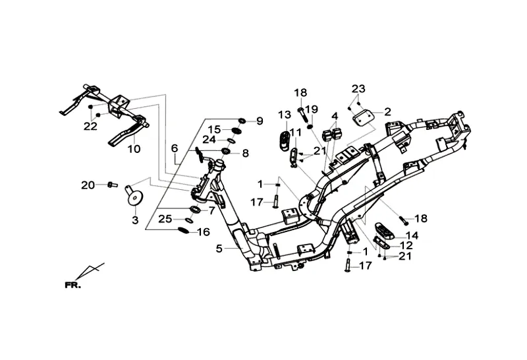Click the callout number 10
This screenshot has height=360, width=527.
pyautogui.click(x=134, y=150)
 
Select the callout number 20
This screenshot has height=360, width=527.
pyautogui.click(x=88, y=185)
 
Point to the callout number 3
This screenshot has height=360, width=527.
pyautogui.click(x=135, y=220)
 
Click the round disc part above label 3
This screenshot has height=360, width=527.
pyautogui.click(x=136, y=196)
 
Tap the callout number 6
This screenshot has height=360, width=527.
pyautogui.click(x=175, y=148)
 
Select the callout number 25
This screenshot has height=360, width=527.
pyautogui.click(x=165, y=218)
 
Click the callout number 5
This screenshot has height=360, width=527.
pyautogui.click(x=219, y=249)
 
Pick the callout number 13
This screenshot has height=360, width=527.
pyautogui.click(x=284, y=115)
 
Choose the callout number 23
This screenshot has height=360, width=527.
pyautogui.click(x=358, y=89)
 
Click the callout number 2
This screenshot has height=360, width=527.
pyautogui.click(x=387, y=111)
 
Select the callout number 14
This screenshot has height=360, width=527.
pyautogui.click(x=411, y=235)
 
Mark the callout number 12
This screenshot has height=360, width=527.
pyautogui.click(x=406, y=245)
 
